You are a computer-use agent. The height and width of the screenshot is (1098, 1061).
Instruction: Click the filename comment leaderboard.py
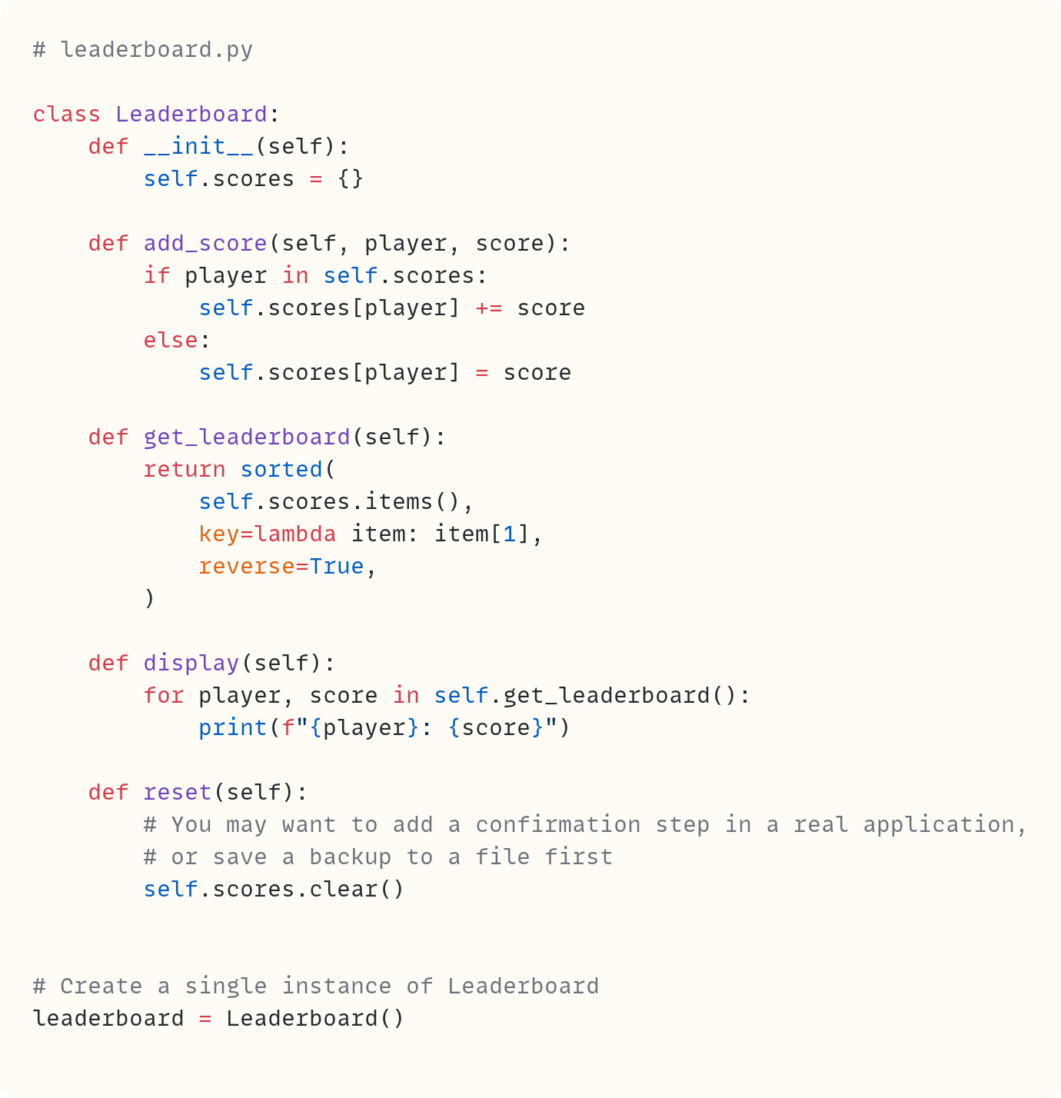(x=156, y=50)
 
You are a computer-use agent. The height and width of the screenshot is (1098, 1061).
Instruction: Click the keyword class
(x=67, y=115)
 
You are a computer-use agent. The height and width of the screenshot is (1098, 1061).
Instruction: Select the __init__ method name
(x=198, y=147)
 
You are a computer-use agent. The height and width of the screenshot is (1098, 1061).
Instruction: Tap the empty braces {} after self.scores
(x=351, y=179)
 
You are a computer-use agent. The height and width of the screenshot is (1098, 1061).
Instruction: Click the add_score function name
(x=205, y=244)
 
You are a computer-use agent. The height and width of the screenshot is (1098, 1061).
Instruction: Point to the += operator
(x=488, y=308)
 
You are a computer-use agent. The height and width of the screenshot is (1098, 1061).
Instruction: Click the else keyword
(x=171, y=341)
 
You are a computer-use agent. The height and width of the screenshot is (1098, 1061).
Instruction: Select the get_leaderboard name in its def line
(x=247, y=438)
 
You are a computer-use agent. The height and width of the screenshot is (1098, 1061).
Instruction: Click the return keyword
(x=185, y=470)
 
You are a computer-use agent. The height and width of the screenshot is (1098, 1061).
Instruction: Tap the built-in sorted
(x=281, y=470)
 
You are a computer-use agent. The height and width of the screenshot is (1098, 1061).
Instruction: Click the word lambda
(x=295, y=534)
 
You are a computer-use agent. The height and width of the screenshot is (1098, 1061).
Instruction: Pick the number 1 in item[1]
(x=509, y=534)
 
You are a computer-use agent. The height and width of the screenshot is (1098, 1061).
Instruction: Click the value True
(x=336, y=567)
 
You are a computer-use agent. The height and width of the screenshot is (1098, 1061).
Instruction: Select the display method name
(x=191, y=664)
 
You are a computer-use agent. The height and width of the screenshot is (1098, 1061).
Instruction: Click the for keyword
(x=164, y=696)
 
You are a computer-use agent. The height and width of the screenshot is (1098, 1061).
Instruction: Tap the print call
(x=232, y=728)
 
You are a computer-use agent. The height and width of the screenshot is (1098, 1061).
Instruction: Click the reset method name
(x=178, y=793)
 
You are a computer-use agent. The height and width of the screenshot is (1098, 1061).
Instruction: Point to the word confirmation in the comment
(x=557, y=825)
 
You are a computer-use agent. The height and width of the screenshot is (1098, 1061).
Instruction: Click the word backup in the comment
(x=350, y=857)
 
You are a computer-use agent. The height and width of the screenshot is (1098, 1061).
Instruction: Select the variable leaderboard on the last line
(x=108, y=1019)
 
